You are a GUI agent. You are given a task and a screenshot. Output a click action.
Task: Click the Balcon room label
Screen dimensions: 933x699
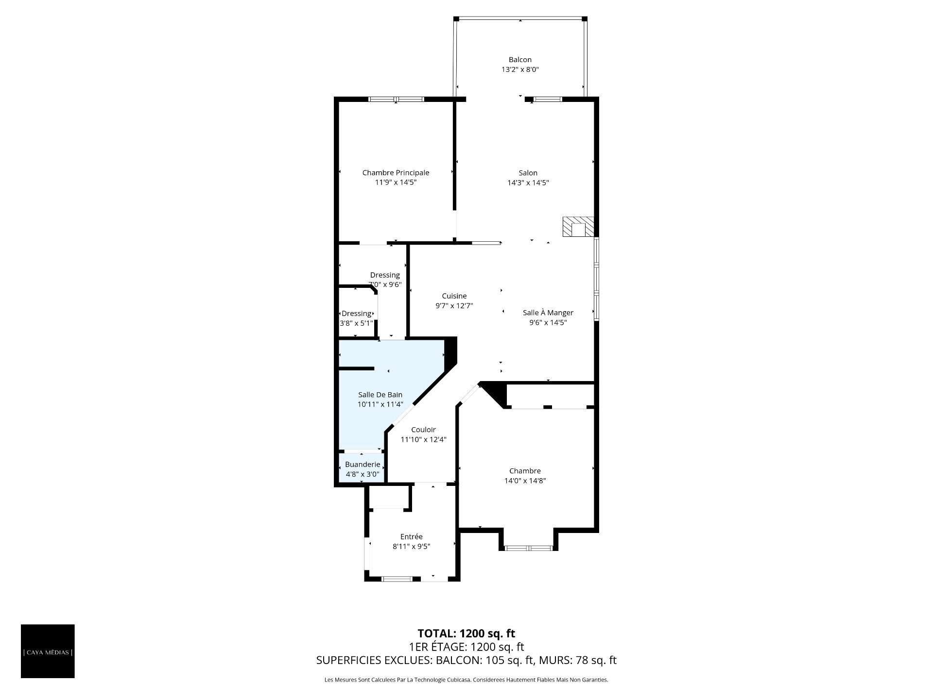pyautogui.click(x=520, y=60)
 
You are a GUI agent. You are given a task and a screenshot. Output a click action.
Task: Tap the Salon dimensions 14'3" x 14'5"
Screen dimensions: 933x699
pyautogui.click(x=528, y=183)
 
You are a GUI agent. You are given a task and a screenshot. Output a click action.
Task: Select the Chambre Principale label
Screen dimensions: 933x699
pyautogui.click(x=396, y=172)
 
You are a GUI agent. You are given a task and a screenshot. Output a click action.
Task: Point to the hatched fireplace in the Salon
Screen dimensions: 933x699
pyautogui.click(x=578, y=227)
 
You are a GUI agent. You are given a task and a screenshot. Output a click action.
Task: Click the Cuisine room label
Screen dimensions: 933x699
pyautogui.click(x=454, y=296)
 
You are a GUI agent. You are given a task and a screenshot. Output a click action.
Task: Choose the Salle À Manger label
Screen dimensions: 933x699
pyautogui.click(x=548, y=313)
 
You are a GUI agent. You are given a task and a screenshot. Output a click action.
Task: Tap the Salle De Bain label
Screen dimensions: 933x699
pyautogui.click(x=380, y=395)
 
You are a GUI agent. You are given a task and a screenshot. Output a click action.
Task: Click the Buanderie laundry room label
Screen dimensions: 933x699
pyautogui.click(x=363, y=465)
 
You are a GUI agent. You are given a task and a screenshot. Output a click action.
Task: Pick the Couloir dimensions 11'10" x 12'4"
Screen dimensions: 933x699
pyautogui.click(x=423, y=440)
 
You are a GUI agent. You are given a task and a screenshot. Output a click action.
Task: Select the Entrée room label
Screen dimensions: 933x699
pyautogui.click(x=412, y=536)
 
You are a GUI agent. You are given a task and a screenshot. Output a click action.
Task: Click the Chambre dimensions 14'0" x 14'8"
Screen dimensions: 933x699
pyautogui.click(x=525, y=481)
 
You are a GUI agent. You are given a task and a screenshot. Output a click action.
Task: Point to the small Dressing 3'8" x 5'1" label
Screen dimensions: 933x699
pyautogui.click(x=357, y=318)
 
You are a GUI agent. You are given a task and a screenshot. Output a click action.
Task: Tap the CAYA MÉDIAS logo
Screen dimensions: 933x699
pyautogui.click(x=48, y=652)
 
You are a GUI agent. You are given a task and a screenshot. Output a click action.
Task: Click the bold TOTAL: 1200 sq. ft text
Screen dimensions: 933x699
pyautogui.click(x=466, y=633)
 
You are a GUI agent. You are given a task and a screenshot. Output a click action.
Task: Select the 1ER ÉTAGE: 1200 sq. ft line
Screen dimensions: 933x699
pyautogui.click(x=466, y=647)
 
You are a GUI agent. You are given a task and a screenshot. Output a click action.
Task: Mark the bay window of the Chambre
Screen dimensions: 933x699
pyautogui.click(x=528, y=548)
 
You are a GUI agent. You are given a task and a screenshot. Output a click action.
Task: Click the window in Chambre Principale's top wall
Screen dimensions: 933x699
pyautogui.click(x=396, y=100)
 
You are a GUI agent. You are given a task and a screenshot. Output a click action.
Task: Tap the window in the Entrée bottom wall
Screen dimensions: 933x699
pyautogui.click(x=397, y=579)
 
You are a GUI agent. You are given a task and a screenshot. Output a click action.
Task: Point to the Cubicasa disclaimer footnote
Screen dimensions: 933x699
pyautogui.click(x=466, y=680)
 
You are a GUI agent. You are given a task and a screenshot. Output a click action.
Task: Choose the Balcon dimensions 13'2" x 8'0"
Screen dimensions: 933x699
pyautogui.click(x=520, y=69)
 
